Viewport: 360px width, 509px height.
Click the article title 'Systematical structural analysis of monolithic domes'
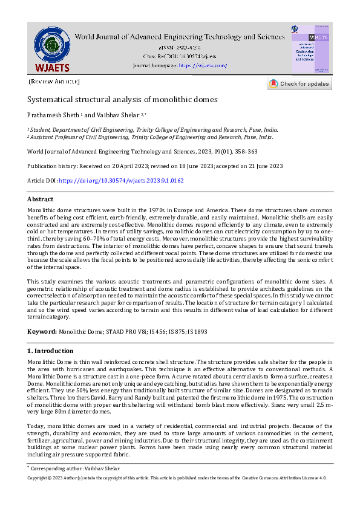coord(122,99)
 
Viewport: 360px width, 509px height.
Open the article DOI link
coord(121,181)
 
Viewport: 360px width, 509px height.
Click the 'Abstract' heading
coord(41,199)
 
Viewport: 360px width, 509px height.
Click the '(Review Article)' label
coord(54,81)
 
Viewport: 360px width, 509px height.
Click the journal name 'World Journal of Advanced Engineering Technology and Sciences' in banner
coord(179,37)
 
